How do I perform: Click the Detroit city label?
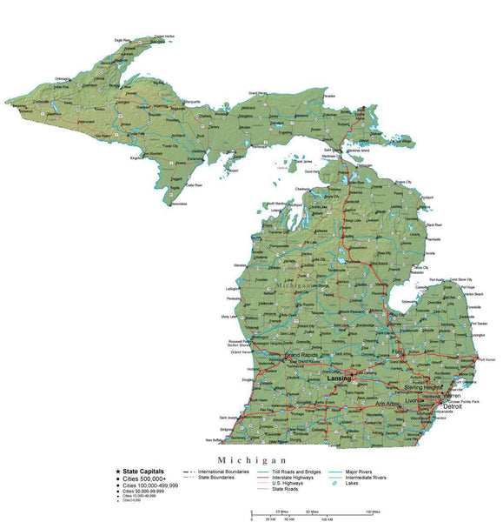click(x=453, y=406)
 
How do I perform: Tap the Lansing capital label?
click(x=340, y=378)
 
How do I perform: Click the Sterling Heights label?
click(x=424, y=386)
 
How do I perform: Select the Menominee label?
click(x=178, y=204)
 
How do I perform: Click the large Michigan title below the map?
click(x=252, y=459)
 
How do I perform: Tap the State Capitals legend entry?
click(x=143, y=471)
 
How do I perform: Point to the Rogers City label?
click(x=404, y=181)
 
